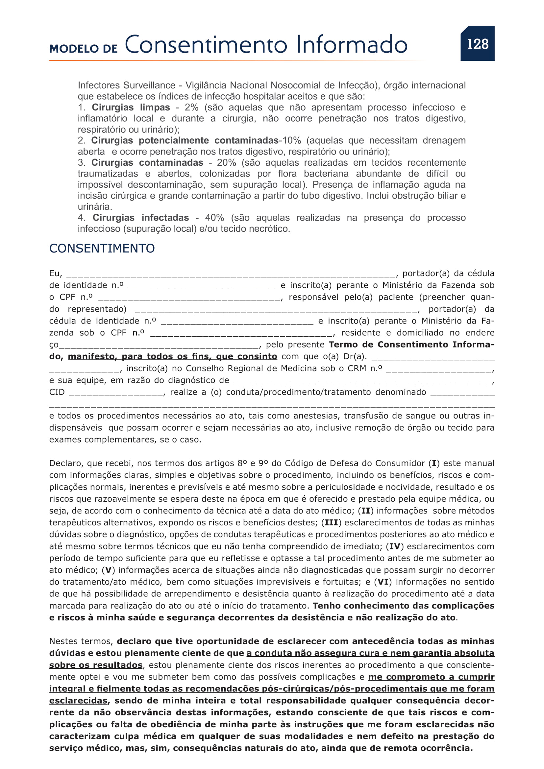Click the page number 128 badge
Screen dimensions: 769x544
click(477, 44)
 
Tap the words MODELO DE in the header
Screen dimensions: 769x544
click(84, 49)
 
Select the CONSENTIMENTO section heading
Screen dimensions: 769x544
click(102, 249)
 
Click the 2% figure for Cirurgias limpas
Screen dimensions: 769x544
click(191, 108)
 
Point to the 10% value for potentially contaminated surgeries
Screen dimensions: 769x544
click(291, 141)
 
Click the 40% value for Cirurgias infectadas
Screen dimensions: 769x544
click(214, 218)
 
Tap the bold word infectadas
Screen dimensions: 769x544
click(165, 218)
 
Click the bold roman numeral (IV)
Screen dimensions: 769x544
click(395, 547)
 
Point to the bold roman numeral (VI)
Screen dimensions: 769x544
click(383, 582)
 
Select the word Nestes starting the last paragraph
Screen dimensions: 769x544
click(63, 641)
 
